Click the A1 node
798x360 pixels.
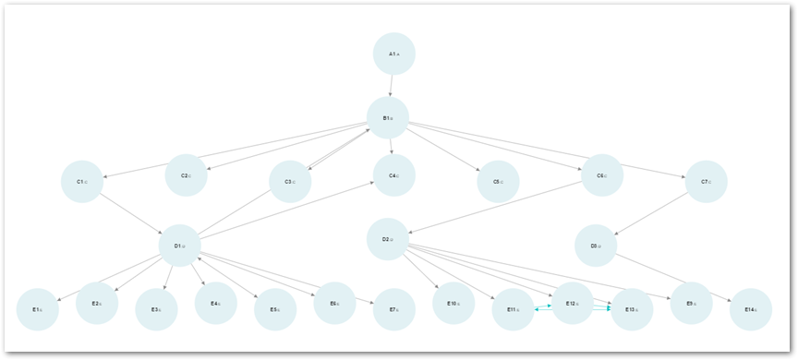coord(394,54)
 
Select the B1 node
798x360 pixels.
coord(388,118)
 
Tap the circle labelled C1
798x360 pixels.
coord(82,182)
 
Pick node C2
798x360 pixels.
coord(187,175)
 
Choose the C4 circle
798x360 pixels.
coord(394,175)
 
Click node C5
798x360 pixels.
coord(498,182)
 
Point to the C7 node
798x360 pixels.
coord(707,182)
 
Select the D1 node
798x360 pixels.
coord(180,246)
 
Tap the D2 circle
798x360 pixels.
coord(388,239)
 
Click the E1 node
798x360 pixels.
coord(37,309)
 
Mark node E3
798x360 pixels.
coord(156,309)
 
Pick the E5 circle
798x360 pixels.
coord(275,309)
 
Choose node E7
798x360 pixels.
coord(394,309)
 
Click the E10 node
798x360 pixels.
coord(453,303)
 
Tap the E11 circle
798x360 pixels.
coord(513,309)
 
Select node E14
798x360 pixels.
coord(751,309)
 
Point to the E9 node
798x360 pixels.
coord(691,303)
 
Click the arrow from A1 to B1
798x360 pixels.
coord(392,86)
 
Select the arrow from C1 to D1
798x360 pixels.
coord(128,211)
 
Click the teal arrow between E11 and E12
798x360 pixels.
coord(542,306)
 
